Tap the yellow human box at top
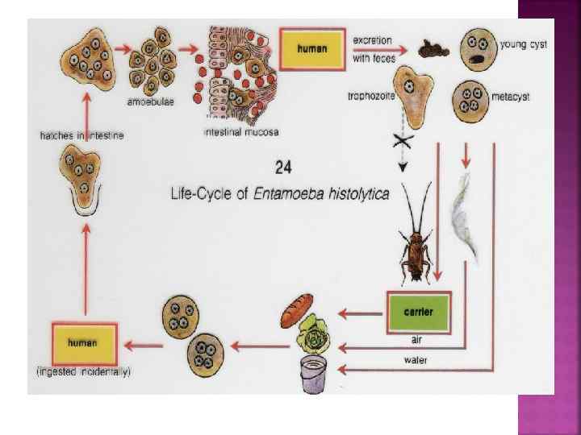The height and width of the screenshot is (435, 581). [x=312, y=48]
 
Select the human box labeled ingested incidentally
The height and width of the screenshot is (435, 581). [x=83, y=343]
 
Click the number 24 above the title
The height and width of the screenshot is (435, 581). [x=283, y=168]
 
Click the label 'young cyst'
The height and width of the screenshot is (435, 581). [x=524, y=44]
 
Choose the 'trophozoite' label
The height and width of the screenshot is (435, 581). [x=368, y=96]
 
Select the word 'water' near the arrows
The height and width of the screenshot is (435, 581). [x=415, y=360]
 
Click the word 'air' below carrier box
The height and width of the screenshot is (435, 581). [x=417, y=340]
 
